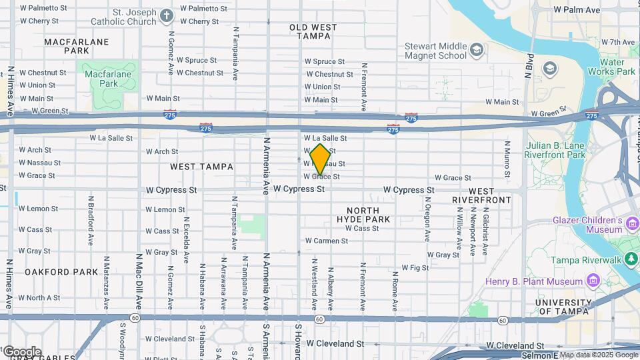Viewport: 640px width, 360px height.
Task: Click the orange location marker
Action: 320,160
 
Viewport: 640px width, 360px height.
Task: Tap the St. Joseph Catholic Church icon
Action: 167,14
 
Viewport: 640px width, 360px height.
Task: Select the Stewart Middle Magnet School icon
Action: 476,50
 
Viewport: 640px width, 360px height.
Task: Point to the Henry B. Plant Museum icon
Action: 591,281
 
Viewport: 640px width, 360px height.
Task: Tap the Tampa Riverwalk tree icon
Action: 631,259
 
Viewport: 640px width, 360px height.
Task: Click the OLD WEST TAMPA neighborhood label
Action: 313,32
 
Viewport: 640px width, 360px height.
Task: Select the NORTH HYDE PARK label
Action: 363,215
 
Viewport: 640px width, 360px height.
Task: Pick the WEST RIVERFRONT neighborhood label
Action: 482,195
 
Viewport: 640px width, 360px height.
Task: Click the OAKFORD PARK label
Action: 62,272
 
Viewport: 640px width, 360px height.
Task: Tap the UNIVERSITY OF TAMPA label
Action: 563,307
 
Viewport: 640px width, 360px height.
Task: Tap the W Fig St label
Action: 415,267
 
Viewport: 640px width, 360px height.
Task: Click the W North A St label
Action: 39,297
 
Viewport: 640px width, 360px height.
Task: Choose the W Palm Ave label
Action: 577,10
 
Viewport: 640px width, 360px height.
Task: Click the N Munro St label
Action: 507,158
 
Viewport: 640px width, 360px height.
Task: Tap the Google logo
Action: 21,351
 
